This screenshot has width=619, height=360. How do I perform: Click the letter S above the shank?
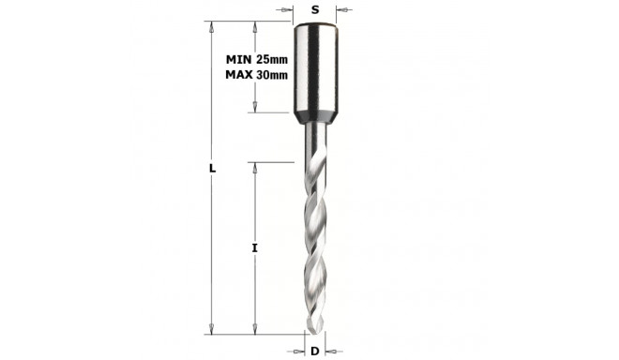315,9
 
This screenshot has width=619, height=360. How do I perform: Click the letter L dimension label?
213,169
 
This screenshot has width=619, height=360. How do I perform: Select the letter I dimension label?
254,247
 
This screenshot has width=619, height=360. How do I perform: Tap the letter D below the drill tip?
315,351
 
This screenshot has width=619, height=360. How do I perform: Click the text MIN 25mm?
257,59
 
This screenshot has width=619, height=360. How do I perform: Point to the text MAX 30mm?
257,74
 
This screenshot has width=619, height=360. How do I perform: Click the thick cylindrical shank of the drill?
315,70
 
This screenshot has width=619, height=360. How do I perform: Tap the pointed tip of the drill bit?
316,328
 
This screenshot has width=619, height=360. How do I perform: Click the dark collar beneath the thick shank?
315,119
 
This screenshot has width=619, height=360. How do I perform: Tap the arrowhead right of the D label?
329,351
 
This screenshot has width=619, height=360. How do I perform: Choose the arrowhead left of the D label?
301,351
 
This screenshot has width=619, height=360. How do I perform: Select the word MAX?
240,74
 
